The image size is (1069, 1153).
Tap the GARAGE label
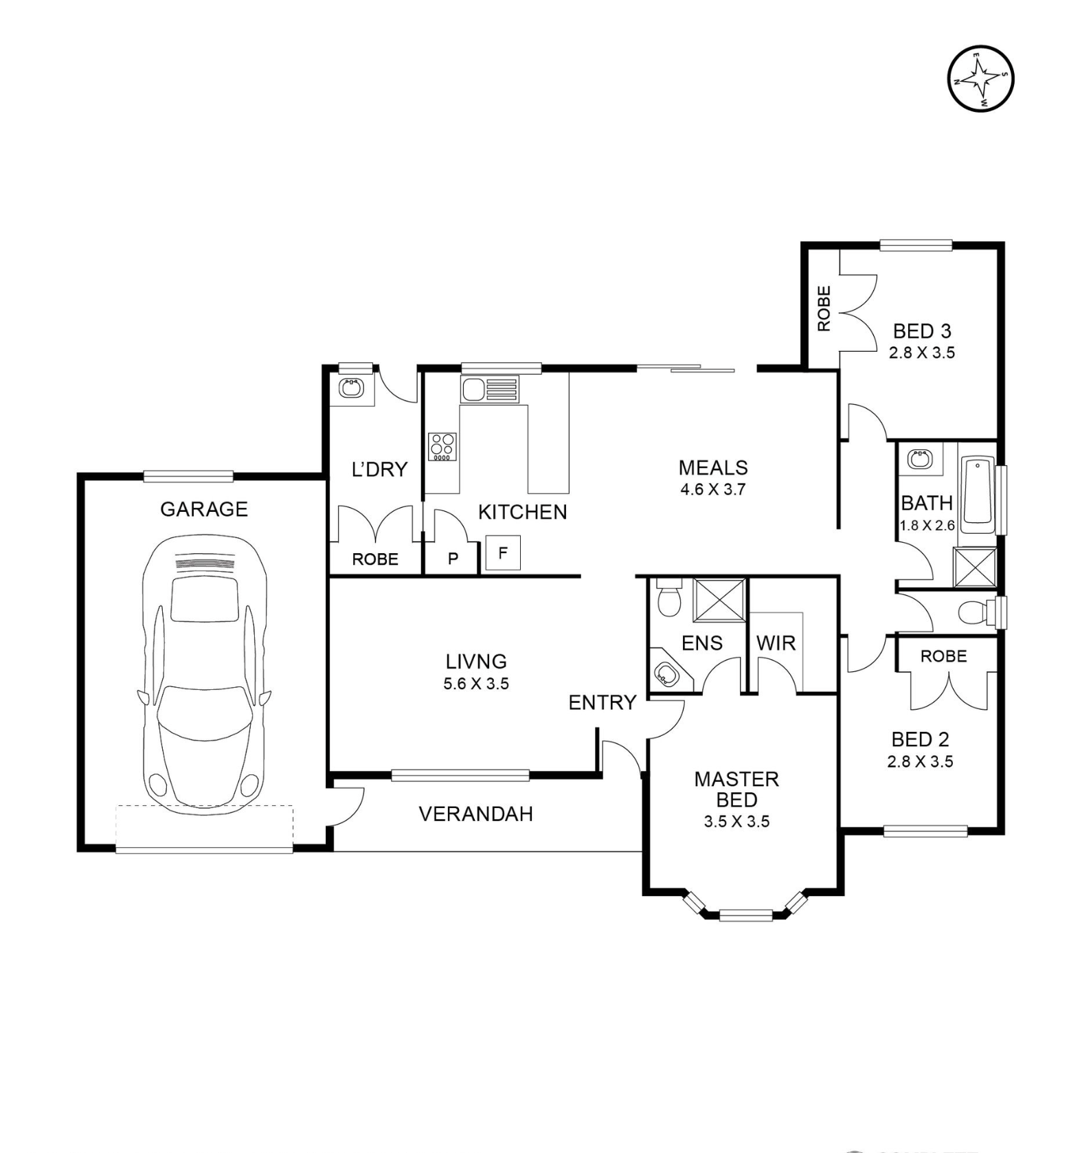(203, 509)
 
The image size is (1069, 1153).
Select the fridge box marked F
(503, 553)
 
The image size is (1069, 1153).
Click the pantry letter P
(453, 559)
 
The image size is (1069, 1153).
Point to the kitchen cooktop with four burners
(442, 447)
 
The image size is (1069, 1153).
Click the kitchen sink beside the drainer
(473, 390)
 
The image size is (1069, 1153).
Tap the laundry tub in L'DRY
(351, 388)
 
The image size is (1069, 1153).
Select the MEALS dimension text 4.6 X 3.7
(712, 490)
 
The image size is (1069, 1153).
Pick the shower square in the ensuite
(719, 601)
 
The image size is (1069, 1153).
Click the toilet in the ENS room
(668, 597)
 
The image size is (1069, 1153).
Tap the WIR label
(776, 643)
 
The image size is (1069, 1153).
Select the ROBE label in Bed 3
(824, 309)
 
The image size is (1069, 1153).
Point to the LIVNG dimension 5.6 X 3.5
(476, 684)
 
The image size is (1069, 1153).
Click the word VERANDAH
(475, 814)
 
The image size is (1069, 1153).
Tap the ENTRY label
(602, 702)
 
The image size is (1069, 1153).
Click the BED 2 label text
(920, 739)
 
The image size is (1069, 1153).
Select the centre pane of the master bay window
(745, 915)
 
